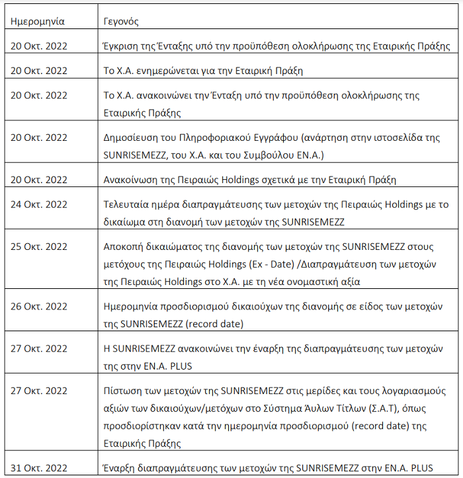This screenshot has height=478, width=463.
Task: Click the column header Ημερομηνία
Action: click(38, 21)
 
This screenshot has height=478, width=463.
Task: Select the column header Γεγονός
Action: click(122, 21)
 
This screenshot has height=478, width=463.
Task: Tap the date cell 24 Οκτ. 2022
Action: click(39, 204)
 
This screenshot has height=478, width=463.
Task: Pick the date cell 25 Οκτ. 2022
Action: click(39, 247)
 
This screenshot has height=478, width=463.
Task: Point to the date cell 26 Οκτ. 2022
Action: click(39, 306)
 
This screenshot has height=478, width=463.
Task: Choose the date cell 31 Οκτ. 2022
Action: click(39, 469)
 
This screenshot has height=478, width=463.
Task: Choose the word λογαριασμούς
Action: click(417, 390)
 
